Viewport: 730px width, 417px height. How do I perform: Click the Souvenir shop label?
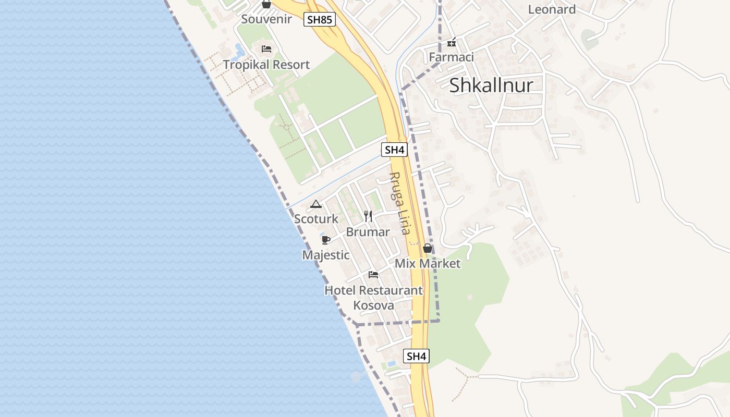pyautogui.click(x=266, y=19)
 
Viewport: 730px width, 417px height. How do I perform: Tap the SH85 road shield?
pyautogui.click(x=319, y=20)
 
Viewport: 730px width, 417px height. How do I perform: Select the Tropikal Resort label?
pyautogui.click(x=266, y=65)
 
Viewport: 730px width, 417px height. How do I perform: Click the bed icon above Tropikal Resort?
pyautogui.click(x=266, y=50)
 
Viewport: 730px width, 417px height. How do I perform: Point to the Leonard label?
pyautogui.click(x=552, y=9)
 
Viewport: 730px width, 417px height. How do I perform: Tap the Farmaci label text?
pyautogui.click(x=452, y=57)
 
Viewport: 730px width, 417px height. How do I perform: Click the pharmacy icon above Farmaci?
pyautogui.click(x=452, y=42)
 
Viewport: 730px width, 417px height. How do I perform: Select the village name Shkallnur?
pyautogui.click(x=491, y=85)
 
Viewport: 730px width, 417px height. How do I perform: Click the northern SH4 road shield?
pyautogui.click(x=394, y=150)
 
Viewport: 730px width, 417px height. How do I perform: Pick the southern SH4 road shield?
pyautogui.click(x=416, y=357)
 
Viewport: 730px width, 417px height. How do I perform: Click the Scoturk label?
pyautogui.click(x=316, y=219)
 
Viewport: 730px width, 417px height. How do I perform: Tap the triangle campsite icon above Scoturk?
pyautogui.click(x=316, y=204)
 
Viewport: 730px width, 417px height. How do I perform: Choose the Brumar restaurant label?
pyautogui.click(x=368, y=232)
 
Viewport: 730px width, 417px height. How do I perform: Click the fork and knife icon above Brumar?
pyautogui.click(x=368, y=216)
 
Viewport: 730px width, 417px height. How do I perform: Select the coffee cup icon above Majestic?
pyautogui.click(x=326, y=240)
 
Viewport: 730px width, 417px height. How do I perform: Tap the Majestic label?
pyautogui.click(x=326, y=255)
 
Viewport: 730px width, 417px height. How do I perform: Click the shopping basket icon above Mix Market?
pyautogui.click(x=428, y=248)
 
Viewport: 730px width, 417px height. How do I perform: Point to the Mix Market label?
pyautogui.click(x=428, y=263)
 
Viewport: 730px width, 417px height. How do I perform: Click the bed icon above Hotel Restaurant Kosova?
pyautogui.click(x=373, y=275)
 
